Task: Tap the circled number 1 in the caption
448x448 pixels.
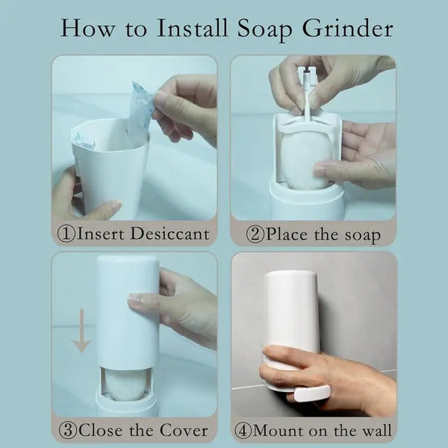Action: coord(66,234)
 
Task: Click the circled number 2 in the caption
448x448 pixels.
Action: coord(255,234)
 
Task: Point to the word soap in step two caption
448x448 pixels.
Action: coord(356,234)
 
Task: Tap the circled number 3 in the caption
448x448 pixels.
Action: coord(66,430)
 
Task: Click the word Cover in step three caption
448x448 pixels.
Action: coord(180,430)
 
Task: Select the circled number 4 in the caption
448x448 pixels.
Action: coord(243,431)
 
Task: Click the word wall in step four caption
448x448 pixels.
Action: coord(376,431)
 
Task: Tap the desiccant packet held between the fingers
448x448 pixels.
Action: coord(140,112)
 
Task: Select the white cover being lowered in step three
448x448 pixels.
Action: coord(126,314)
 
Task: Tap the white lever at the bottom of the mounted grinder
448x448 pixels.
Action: coord(311,394)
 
